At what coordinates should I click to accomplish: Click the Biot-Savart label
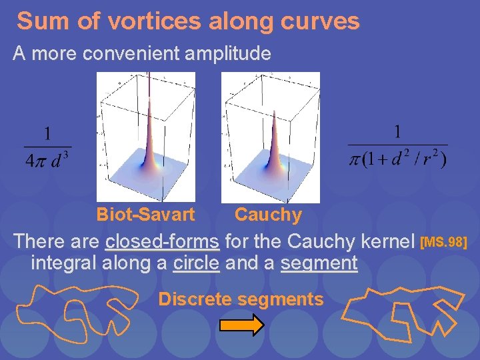pos(145,215)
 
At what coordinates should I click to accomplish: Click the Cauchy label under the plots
pos(268,215)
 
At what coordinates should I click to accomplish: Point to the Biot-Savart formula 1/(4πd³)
pos(48,147)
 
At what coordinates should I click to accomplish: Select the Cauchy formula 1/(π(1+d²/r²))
pos(398,147)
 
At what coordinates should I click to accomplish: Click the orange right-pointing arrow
pos(242,325)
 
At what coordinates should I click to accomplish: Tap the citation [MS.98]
pos(446,241)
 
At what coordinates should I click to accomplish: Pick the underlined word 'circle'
pos(196,263)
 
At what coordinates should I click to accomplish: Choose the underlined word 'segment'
pos(319,263)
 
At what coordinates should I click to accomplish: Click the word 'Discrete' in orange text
pos(195,299)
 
